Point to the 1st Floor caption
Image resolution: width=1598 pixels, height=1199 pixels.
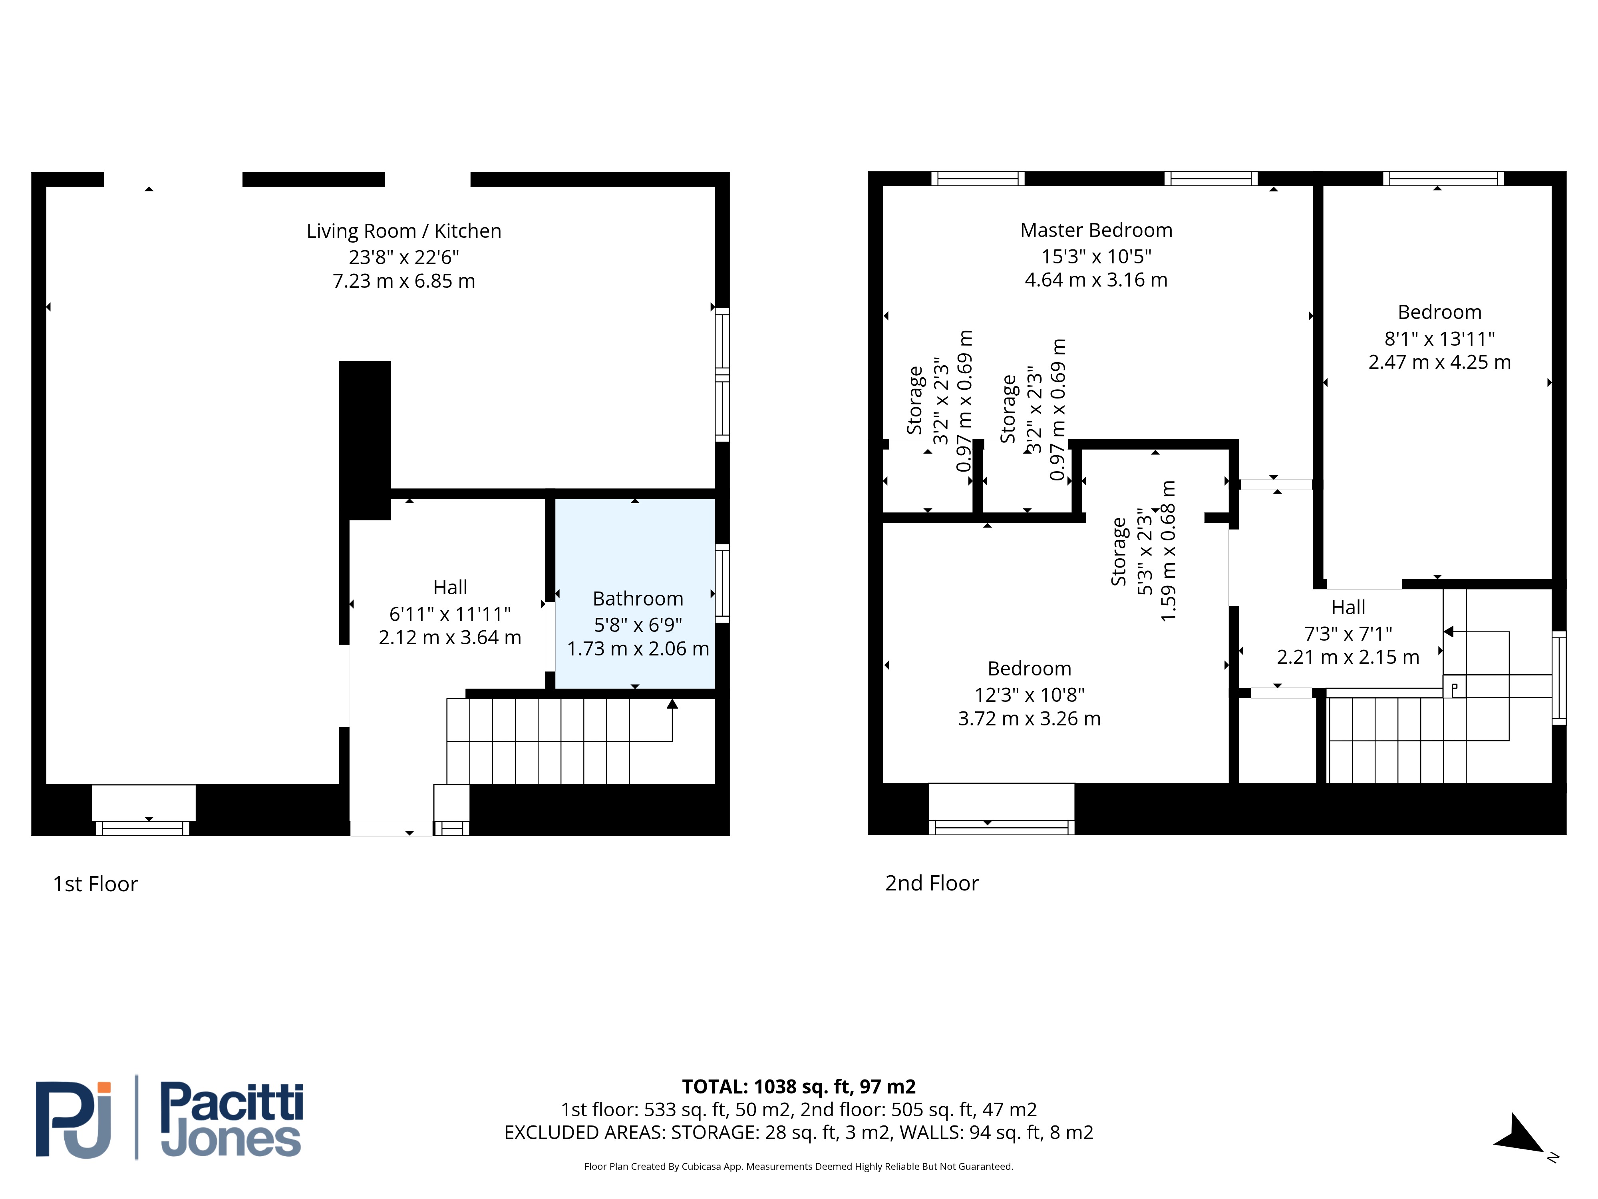95,884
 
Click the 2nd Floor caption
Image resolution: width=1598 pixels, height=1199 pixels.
932,883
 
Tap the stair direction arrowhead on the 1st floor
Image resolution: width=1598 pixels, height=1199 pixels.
672,703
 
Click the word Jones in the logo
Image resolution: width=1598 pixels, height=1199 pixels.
231,1140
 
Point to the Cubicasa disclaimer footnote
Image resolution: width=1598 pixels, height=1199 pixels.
798,1167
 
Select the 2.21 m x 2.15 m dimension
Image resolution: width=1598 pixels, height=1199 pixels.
1348,657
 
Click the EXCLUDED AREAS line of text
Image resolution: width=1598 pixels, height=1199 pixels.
798,1133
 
